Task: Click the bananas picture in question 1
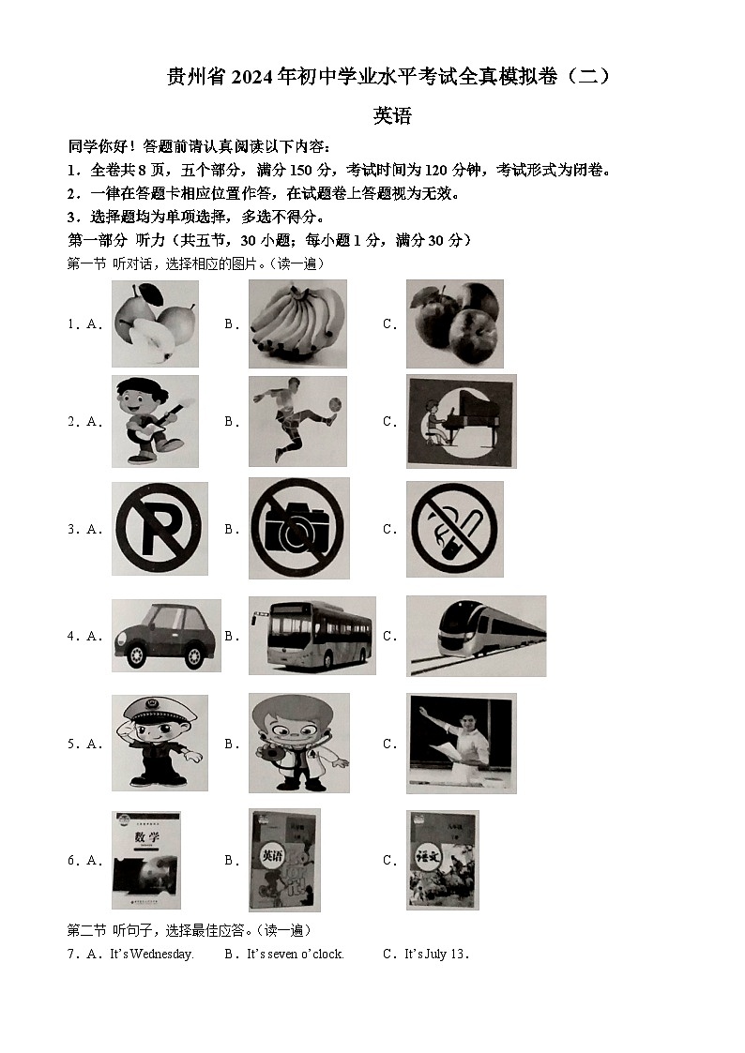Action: pos(297,323)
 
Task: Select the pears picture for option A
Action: pos(155,323)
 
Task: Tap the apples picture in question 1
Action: pos(454,323)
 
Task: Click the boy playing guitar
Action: pos(155,421)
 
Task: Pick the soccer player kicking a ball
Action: pos(297,421)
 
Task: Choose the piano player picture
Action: pos(461,421)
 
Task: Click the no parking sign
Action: pos(160,529)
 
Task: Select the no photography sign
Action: pos(298,529)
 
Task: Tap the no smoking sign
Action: pos(454,529)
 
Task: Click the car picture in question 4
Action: pos(166,635)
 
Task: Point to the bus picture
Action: pos(312,635)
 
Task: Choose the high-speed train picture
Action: pos(476,635)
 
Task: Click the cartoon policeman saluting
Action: pos(160,743)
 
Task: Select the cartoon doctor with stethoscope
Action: pos(298,743)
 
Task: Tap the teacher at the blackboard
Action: pos(461,743)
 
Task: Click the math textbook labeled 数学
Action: pos(145,860)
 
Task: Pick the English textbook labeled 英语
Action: pos(283,860)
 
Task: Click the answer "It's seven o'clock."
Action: pos(296,955)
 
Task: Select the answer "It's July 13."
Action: pos(436,955)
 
